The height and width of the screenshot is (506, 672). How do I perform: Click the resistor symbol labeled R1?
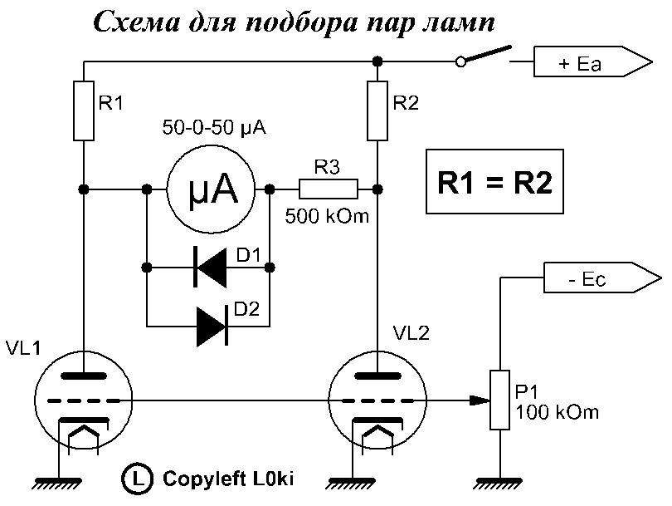tap(84, 110)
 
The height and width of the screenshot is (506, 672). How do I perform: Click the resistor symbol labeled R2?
tap(377, 110)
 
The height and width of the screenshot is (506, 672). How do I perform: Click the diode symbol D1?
tap(208, 268)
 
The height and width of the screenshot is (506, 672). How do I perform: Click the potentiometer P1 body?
tap(499, 400)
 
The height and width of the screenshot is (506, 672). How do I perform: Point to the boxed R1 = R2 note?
tap(494, 183)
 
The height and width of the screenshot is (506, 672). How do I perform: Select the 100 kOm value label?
tap(557, 412)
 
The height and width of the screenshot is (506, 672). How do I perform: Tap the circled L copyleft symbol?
tap(136, 479)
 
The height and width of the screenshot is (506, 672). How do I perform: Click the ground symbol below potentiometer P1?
tap(499, 480)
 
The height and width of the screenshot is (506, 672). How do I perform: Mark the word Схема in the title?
tap(139, 22)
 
